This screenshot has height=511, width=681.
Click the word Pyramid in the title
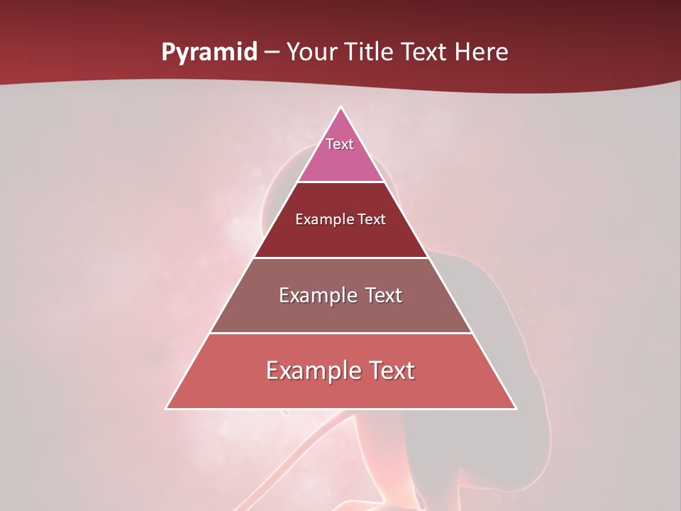(209, 53)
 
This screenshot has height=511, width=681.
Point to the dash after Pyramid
(272, 53)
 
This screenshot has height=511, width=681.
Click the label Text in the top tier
(340, 144)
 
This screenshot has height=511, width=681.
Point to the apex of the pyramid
(341, 107)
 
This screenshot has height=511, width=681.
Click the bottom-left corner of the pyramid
(167, 408)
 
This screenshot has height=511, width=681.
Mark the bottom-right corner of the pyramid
(516, 408)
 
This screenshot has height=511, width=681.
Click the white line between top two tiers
(341, 182)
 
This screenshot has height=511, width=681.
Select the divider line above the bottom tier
(341, 333)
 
